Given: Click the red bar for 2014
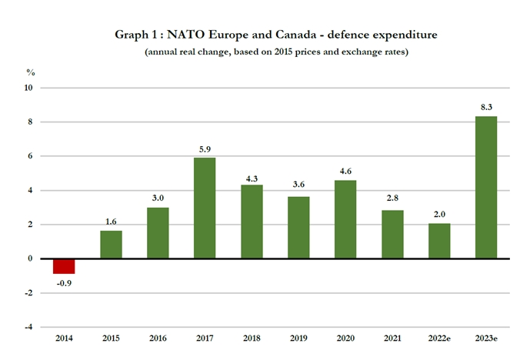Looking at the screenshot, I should click(64, 266).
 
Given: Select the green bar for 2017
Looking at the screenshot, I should click(205, 208).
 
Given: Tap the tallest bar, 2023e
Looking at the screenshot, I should click(486, 188).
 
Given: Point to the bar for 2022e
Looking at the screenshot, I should click(439, 242).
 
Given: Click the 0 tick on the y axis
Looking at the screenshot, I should click(31, 258).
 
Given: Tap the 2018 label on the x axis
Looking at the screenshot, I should click(252, 338).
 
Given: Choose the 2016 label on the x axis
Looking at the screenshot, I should click(158, 338).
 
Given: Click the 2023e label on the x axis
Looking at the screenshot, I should click(486, 338).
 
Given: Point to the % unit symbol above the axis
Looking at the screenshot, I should click(30, 72).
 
